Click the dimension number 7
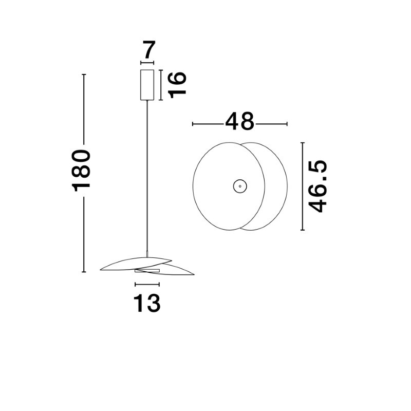(149, 50)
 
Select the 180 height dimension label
(81, 171)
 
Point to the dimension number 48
(239, 121)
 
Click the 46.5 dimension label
(317, 186)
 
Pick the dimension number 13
(147, 303)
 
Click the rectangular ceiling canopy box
(147, 85)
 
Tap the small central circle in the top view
(240, 186)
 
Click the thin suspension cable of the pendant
(147, 176)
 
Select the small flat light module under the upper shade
(147, 271)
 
